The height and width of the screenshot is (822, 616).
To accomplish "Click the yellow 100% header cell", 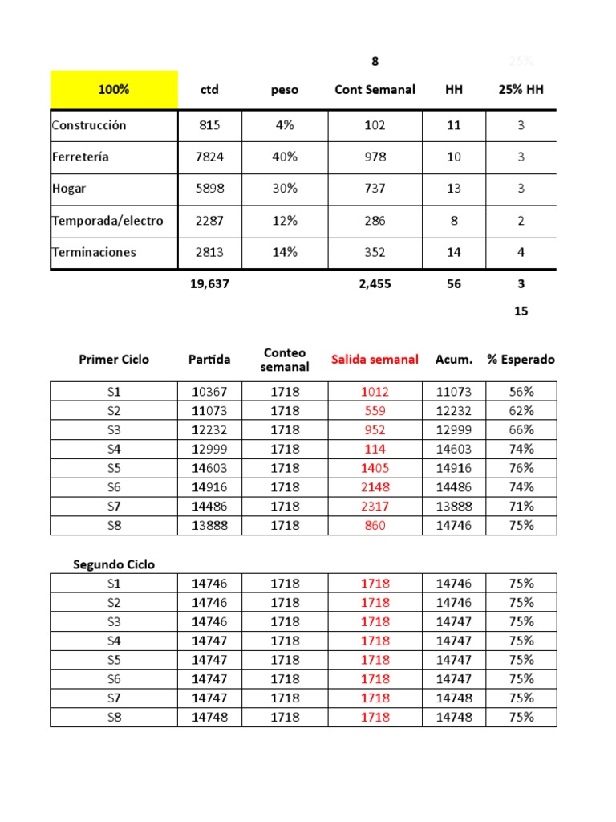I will pyautogui.click(x=114, y=90).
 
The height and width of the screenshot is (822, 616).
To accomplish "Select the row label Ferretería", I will pyautogui.click(x=80, y=157).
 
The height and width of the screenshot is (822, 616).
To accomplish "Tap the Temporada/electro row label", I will pyautogui.click(x=107, y=221).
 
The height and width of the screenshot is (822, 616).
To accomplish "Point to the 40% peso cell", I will pyautogui.click(x=284, y=157).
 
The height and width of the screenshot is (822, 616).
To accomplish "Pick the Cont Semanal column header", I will pyautogui.click(x=375, y=90).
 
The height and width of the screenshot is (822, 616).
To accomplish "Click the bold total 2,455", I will pyautogui.click(x=375, y=283).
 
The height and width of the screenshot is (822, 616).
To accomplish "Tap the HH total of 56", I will pyautogui.click(x=454, y=283).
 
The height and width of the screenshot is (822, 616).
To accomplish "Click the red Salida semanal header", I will pyautogui.click(x=375, y=360).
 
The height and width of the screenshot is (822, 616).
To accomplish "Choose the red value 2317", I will pyautogui.click(x=375, y=507).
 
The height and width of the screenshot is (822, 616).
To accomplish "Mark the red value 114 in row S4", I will pyautogui.click(x=375, y=449).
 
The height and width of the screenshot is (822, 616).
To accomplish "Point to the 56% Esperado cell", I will pyautogui.click(x=521, y=392).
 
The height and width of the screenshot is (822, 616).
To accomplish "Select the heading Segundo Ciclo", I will pyautogui.click(x=114, y=564).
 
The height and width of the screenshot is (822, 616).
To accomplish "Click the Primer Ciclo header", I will pyautogui.click(x=114, y=360).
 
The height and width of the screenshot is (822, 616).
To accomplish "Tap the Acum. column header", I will pyautogui.click(x=454, y=360).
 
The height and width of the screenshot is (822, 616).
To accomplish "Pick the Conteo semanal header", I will pyautogui.click(x=285, y=360).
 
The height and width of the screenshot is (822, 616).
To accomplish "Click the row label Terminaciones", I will pyautogui.click(x=94, y=252).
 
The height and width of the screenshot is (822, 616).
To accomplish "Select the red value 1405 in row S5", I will pyautogui.click(x=375, y=468).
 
